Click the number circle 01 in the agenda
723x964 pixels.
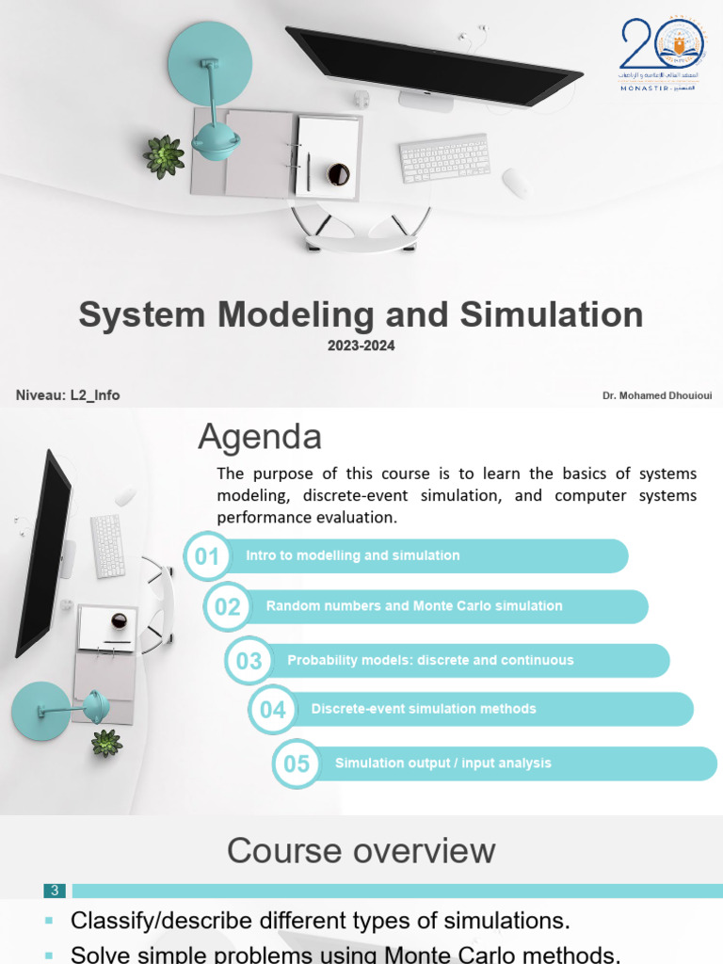(x=206, y=556)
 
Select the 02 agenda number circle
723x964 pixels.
(x=228, y=607)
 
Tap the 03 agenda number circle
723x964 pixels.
(x=249, y=661)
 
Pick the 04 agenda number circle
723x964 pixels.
(x=273, y=710)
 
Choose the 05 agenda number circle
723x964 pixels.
(x=297, y=763)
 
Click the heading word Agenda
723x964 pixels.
(x=260, y=437)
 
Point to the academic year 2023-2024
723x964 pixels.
(x=361, y=345)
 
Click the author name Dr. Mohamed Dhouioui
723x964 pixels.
(x=657, y=395)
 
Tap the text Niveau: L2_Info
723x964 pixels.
(x=68, y=395)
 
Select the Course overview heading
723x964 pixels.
(x=361, y=850)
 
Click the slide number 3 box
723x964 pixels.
(x=55, y=891)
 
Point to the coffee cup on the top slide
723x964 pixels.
(x=338, y=174)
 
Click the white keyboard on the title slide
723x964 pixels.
(x=444, y=157)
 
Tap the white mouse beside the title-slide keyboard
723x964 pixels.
(x=516, y=184)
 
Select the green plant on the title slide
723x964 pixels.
(x=164, y=156)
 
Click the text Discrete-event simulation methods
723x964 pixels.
(x=424, y=709)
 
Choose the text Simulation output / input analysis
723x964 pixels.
(x=443, y=763)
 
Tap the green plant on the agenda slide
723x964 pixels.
(x=106, y=743)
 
